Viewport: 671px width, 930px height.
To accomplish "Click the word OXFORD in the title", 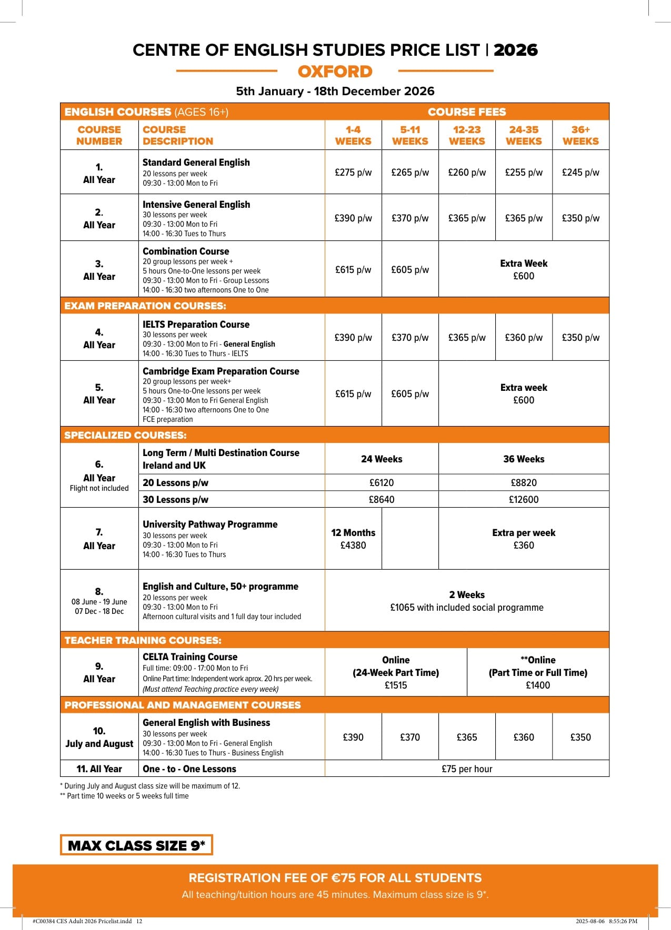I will coord(335,72).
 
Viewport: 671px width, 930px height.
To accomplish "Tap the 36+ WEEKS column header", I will coord(580,135).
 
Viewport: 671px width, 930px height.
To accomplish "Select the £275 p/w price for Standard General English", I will coord(353,173).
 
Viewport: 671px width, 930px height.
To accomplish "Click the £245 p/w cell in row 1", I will coord(580,173).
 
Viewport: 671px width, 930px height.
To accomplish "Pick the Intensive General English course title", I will coord(196,205).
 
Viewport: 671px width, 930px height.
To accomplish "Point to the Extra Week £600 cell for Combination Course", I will coord(524,269).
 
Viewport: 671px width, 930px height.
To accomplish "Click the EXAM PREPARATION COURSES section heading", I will coord(145,306).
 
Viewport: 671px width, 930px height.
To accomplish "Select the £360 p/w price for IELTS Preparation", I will coord(524,338).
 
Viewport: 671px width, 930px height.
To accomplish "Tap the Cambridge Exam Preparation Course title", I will coord(221,371).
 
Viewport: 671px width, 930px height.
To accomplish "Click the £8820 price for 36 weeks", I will coord(524,483).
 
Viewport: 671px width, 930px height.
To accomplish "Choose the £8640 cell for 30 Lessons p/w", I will coord(382,500).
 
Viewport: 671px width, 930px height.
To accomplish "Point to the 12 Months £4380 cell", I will coord(353,539).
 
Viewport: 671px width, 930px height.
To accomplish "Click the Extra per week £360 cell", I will coord(524,539).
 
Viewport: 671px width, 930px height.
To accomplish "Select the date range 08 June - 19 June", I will coord(99,602).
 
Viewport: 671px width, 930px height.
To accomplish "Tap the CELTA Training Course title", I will coord(190,657).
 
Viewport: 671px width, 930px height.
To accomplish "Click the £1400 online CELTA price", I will coord(538,685).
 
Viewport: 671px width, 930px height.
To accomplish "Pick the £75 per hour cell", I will coord(467,769).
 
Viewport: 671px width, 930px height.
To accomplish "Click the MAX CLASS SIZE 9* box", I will coord(136,845).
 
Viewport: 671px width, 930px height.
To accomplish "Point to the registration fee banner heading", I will coord(335,878).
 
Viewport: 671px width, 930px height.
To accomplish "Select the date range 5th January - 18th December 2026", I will coord(335,91).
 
